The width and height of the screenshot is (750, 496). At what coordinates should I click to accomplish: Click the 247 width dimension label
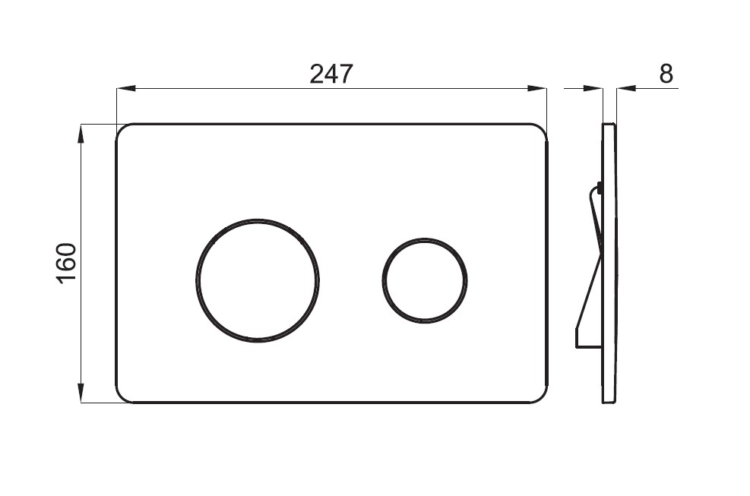[x=331, y=74]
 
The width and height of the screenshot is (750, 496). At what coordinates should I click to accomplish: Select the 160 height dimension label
[x=66, y=264]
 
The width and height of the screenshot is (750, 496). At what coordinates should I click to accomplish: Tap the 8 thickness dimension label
[x=666, y=74]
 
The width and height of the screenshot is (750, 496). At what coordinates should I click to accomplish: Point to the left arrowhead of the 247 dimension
[x=126, y=88]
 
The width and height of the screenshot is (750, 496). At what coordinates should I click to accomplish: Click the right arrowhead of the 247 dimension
[x=536, y=88]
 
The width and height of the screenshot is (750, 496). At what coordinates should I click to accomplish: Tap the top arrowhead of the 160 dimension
[x=81, y=134]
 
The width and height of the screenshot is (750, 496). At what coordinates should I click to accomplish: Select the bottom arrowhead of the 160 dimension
[x=81, y=393]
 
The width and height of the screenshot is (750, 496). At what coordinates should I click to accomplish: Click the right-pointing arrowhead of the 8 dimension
[x=593, y=88]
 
